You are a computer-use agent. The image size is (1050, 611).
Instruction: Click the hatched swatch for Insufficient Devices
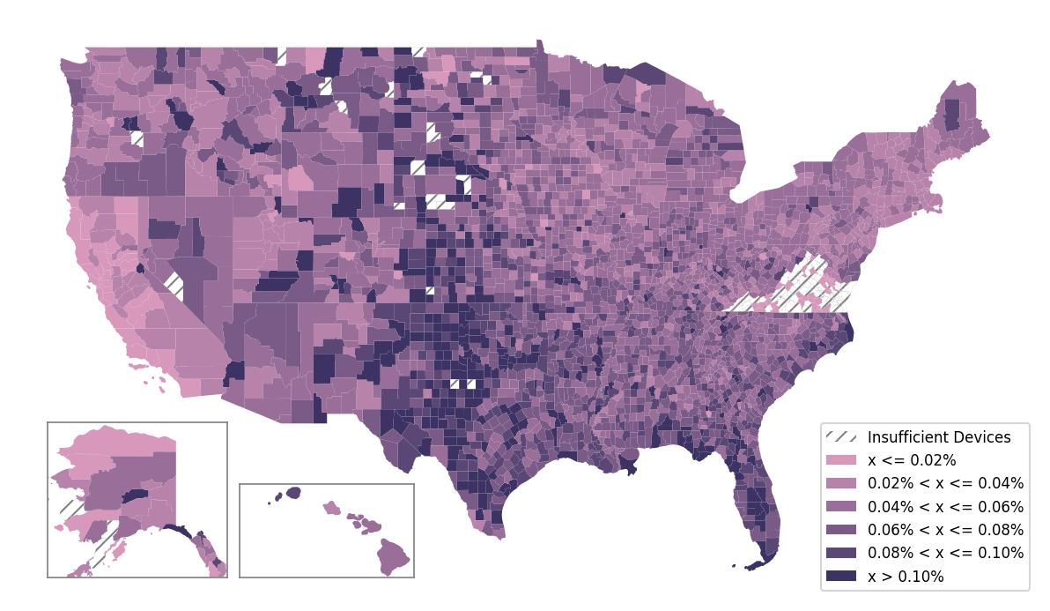click(x=841, y=437)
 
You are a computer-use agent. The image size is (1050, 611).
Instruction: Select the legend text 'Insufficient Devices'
click(x=939, y=437)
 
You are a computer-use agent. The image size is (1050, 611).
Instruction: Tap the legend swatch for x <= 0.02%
click(x=841, y=460)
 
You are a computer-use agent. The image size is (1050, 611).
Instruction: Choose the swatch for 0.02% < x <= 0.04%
click(x=841, y=483)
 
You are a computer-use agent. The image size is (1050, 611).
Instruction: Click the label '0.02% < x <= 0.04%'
click(x=945, y=483)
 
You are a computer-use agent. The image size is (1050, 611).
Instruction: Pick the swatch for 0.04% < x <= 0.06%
click(x=841, y=507)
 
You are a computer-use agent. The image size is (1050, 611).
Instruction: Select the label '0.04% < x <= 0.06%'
click(x=945, y=507)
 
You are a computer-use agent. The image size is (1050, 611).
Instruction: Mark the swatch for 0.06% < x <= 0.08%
click(x=841, y=530)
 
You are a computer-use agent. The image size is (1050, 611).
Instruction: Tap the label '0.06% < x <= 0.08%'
click(x=945, y=530)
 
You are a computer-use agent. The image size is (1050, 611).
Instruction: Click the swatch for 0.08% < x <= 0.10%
click(x=841, y=553)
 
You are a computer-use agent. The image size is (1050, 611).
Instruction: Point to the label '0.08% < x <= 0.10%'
click(x=945, y=553)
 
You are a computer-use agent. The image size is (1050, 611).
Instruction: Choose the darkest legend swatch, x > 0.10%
click(x=841, y=577)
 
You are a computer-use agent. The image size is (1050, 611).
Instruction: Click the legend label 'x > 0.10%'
click(x=906, y=577)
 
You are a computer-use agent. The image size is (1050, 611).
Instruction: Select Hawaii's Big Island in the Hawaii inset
click(x=395, y=557)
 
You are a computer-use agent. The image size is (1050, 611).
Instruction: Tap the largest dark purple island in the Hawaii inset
click(x=292, y=492)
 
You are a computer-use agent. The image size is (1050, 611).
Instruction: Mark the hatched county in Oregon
click(x=137, y=138)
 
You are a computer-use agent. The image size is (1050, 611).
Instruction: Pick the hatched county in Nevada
click(x=174, y=285)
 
